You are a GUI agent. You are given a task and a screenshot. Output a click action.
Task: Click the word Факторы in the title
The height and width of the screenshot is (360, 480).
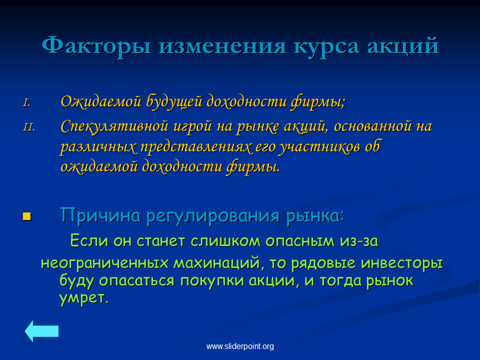pos(96,46)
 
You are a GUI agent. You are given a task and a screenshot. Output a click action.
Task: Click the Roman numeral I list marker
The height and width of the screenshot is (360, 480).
pos(27,102)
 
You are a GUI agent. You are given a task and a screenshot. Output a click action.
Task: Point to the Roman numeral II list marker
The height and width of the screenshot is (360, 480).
pos(29,126)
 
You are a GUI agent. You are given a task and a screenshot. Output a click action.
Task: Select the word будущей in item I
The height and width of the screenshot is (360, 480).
pos(174,101)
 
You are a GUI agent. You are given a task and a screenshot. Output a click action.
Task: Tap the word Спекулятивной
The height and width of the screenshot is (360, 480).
pos(114,126)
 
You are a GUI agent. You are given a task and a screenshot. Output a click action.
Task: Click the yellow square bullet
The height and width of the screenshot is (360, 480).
pos(27,216)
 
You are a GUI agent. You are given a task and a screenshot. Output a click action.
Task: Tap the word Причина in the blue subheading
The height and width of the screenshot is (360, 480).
pos(100,215)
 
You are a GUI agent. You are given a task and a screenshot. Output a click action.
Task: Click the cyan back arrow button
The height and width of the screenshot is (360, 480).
pos(41,331)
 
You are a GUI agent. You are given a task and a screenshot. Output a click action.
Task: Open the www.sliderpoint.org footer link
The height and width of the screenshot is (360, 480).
pos(240,346)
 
